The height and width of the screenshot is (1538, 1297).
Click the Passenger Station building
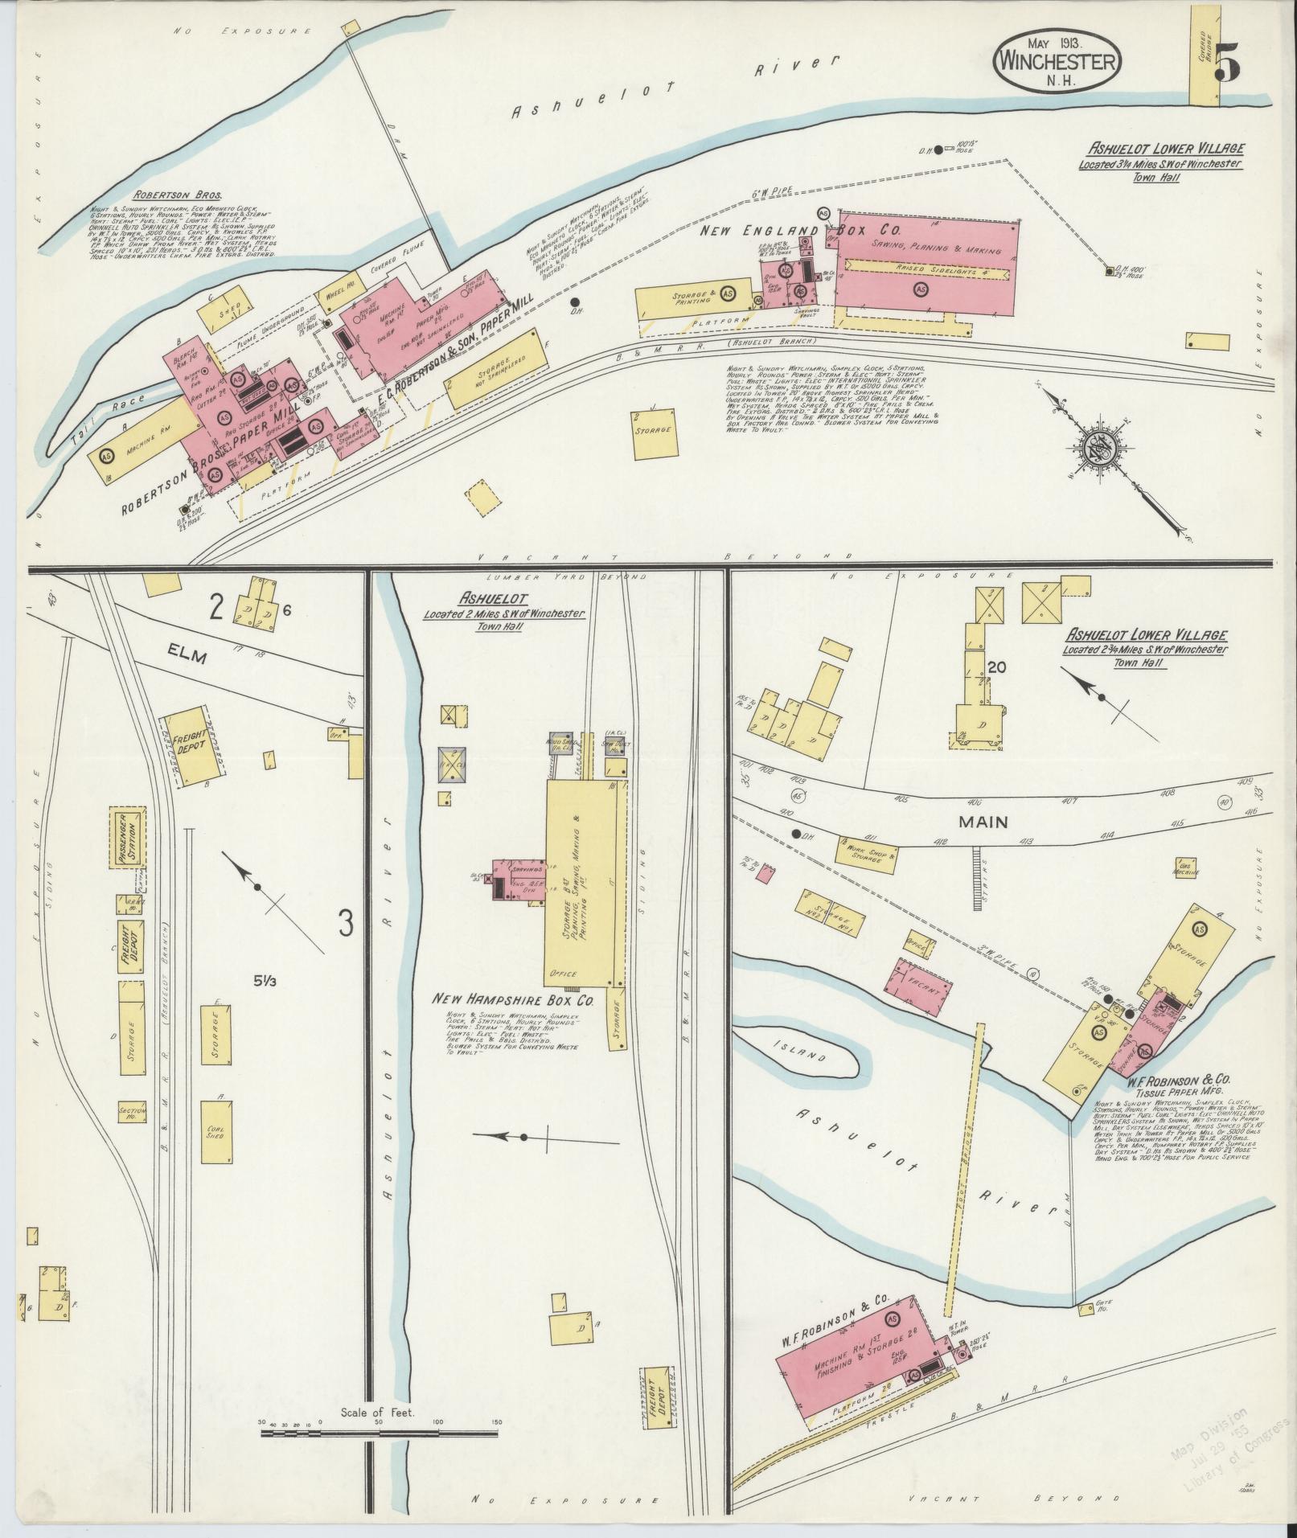129,839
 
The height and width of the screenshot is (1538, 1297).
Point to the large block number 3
346,923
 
